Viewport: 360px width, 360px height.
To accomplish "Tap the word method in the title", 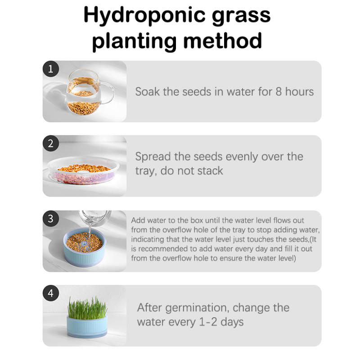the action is (x=222, y=41).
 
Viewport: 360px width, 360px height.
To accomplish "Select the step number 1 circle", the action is (x=51, y=69).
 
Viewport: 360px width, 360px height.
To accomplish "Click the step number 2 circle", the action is (x=51, y=144).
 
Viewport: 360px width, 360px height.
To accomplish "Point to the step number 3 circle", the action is (x=51, y=219).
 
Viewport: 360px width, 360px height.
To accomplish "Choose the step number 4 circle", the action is (x=51, y=293).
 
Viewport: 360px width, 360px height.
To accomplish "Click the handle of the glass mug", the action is (x=109, y=93).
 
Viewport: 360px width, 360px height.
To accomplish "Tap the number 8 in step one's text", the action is (x=279, y=92).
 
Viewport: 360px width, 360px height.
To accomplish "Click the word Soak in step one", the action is (x=148, y=92).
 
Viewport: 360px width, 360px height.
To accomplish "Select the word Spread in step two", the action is (x=153, y=157).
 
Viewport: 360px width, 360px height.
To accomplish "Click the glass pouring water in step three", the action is (x=95, y=217).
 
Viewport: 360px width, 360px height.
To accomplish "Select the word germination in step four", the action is (x=197, y=308).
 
